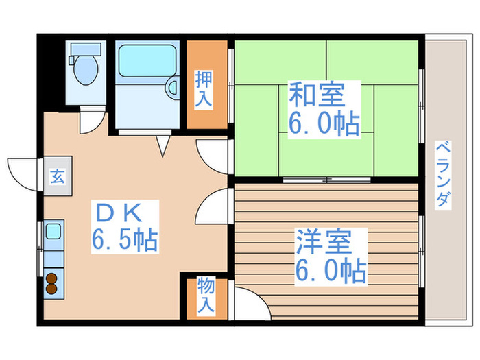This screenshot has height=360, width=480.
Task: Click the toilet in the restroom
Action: [x=85, y=66]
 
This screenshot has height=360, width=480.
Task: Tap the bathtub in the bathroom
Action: [x=146, y=62]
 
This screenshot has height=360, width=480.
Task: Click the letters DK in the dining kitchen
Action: [x=124, y=211]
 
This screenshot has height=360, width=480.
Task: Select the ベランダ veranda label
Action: [x=443, y=174]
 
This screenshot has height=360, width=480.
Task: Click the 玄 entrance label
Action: [x=57, y=176]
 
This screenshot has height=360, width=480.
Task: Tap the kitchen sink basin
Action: [x=53, y=231]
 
